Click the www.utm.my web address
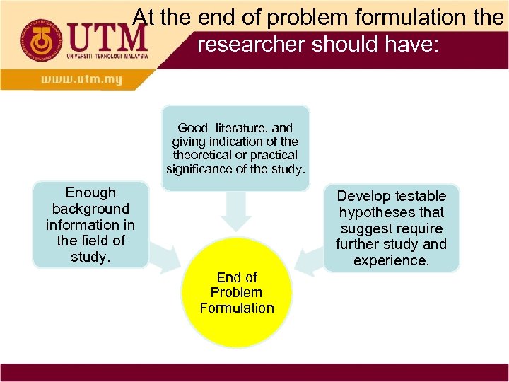(x=81, y=80)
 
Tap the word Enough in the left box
(x=90, y=192)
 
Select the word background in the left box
(x=90, y=209)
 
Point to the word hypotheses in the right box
(x=391, y=212)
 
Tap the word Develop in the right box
(x=363, y=196)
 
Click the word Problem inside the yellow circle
(x=236, y=292)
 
